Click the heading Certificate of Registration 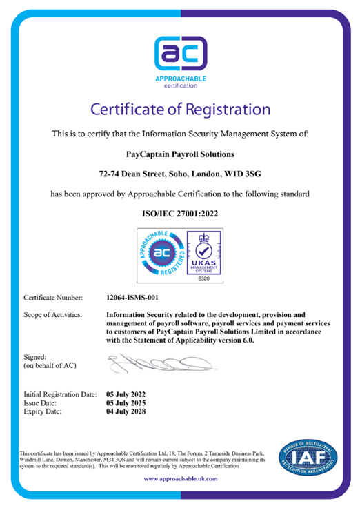coord(180,108)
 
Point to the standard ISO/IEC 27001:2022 coord(180,215)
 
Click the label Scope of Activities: coord(53,314)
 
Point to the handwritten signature coord(152,360)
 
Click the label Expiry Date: coord(42,411)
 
